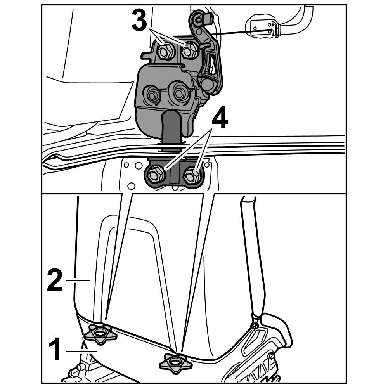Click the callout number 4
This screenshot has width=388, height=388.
(x=220, y=118)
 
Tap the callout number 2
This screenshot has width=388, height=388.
(x=55, y=281)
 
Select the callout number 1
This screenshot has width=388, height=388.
(x=55, y=349)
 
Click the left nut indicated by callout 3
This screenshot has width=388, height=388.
(x=164, y=52)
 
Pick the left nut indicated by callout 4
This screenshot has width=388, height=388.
(x=155, y=175)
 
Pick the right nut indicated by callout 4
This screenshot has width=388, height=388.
(x=192, y=175)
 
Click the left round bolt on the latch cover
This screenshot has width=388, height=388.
(x=152, y=94)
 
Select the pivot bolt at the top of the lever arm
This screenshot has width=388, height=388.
(x=198, y=19)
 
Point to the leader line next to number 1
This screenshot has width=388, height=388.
(x=81, y=351)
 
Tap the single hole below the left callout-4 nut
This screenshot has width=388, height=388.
(x=132, y=186)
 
